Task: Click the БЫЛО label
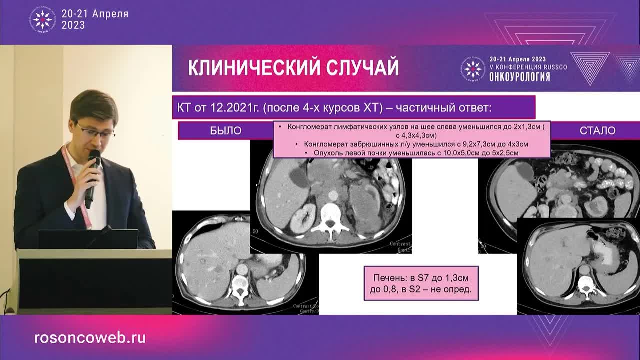click(x=226, y=131)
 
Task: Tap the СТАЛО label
click(x=597, y=131)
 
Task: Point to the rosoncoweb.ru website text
click(x=90, y=338)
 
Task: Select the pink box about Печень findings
click(x=421, y=283)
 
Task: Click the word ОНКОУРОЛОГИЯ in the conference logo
click(x=520, y=77)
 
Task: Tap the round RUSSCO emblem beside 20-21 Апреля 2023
click(x=42, y=19)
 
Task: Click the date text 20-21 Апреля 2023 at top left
click(x=95, y=19)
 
